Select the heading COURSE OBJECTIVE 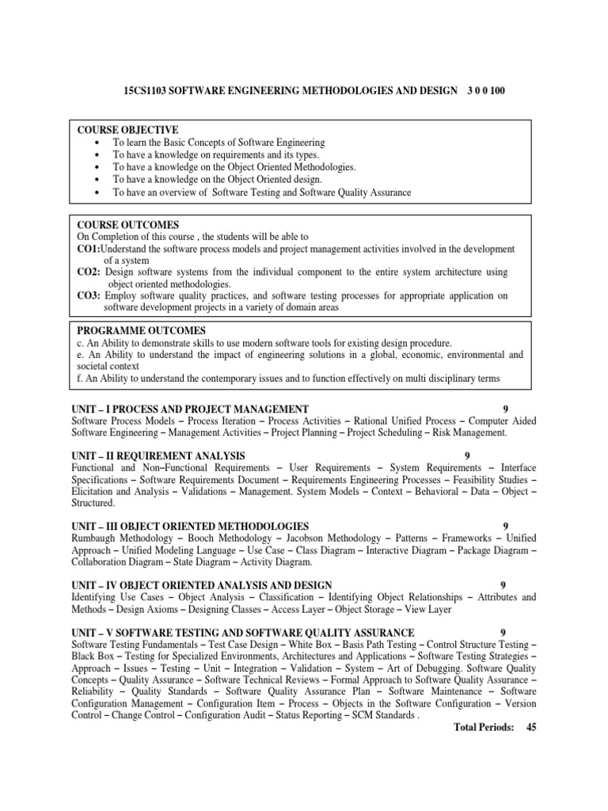point(127,130)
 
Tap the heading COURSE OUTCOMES point(127,225)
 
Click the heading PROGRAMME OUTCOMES point(141,330)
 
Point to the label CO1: point(89,249)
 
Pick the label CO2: point(89,272)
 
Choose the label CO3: point(89,295)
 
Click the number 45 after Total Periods point(531,727)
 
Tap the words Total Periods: point(483,727)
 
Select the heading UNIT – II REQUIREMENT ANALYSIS point(158,456)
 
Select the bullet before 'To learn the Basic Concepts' point(95,143)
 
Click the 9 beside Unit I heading point(505,409)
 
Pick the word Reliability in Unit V point(94,691)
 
